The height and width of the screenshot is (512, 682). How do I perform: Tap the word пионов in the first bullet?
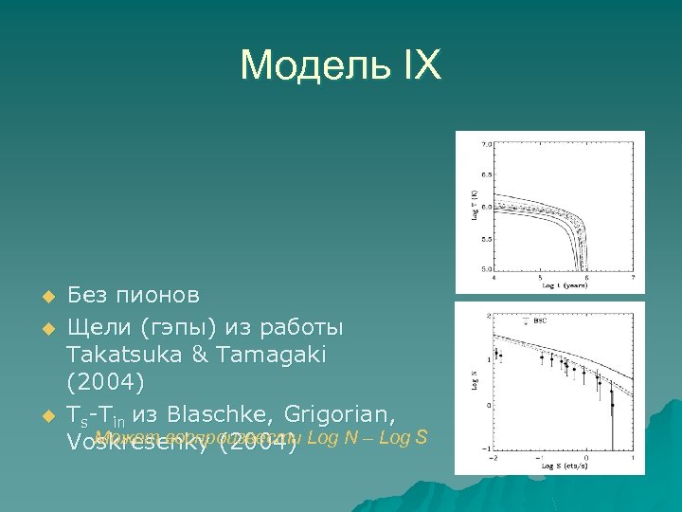(x=158, y=294)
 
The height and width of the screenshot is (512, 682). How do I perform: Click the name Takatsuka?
(x=121, y=354)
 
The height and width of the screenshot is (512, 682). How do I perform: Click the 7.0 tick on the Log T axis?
(x=486, y=145)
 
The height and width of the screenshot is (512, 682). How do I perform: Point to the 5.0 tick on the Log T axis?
(x=486, y=268)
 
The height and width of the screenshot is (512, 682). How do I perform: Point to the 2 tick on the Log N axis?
(x=487, y=315)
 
